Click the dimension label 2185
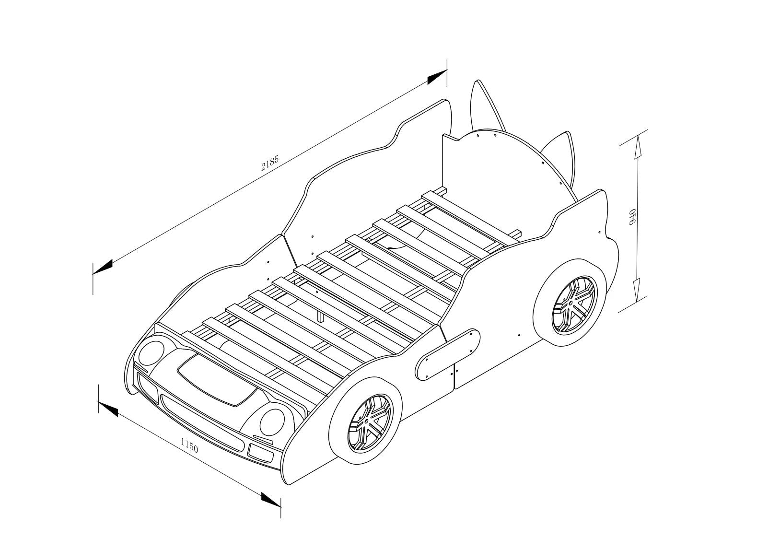pyautogui.click(x=270, y=164)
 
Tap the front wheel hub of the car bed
pyautogui.click(x=367, y=422)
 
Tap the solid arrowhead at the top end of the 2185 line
pyautogui.click(x=437, y=77)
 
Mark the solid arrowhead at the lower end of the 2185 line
pyautogui.click(x=103, y=267)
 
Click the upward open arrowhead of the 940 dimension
pyautogui.click(x=637, y=147)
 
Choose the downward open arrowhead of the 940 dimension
pyautogui.click(x=637, y=291)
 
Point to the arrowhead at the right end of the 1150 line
pyautogui.click(x=271, y=499)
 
